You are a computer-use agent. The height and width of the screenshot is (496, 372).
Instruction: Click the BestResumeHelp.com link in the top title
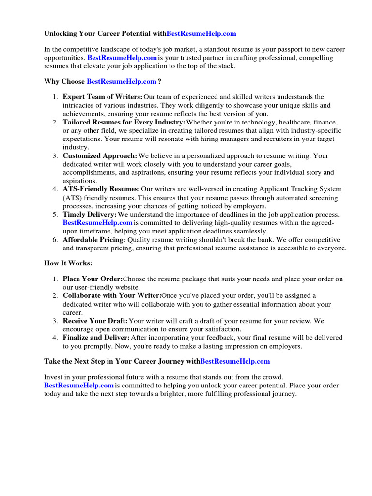tap(201, 34)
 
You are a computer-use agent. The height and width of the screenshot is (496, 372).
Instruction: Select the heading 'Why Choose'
tap(64, 82)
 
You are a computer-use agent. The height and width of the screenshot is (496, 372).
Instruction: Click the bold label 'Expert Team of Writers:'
tap(102, 97)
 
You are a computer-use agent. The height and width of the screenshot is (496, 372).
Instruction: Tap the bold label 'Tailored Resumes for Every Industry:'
tap(124, 122)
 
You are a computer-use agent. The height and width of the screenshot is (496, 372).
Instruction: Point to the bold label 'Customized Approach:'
tap(100, 156)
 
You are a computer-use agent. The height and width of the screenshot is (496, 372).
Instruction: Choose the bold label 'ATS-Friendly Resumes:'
tap(101, 189)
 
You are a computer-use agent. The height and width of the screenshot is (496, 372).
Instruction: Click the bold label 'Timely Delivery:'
tap(90, 214)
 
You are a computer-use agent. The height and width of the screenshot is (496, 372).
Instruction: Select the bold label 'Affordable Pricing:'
tap(94, 240)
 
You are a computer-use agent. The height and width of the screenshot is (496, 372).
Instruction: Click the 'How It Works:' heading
tap(68, 263)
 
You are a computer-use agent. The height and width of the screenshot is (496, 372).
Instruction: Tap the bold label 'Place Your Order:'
tap(93, 279)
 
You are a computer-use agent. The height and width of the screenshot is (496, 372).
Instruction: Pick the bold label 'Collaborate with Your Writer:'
tap(112, 295)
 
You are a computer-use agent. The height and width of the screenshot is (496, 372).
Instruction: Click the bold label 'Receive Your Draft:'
tap(95, 321)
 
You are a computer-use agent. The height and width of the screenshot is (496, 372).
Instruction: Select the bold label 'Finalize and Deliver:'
tap(96, 337)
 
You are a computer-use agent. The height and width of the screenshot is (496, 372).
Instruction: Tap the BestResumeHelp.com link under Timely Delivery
tap(97, 223)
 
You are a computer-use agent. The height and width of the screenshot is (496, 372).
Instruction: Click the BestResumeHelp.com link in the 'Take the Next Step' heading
tap(235, 361)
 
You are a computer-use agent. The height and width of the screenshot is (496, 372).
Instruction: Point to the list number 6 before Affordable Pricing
tap(55, 240)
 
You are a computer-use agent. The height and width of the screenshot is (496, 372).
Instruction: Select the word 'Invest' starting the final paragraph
tap(53, 377)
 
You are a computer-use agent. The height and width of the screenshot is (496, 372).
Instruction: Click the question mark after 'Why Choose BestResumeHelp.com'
tap(159, 82)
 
